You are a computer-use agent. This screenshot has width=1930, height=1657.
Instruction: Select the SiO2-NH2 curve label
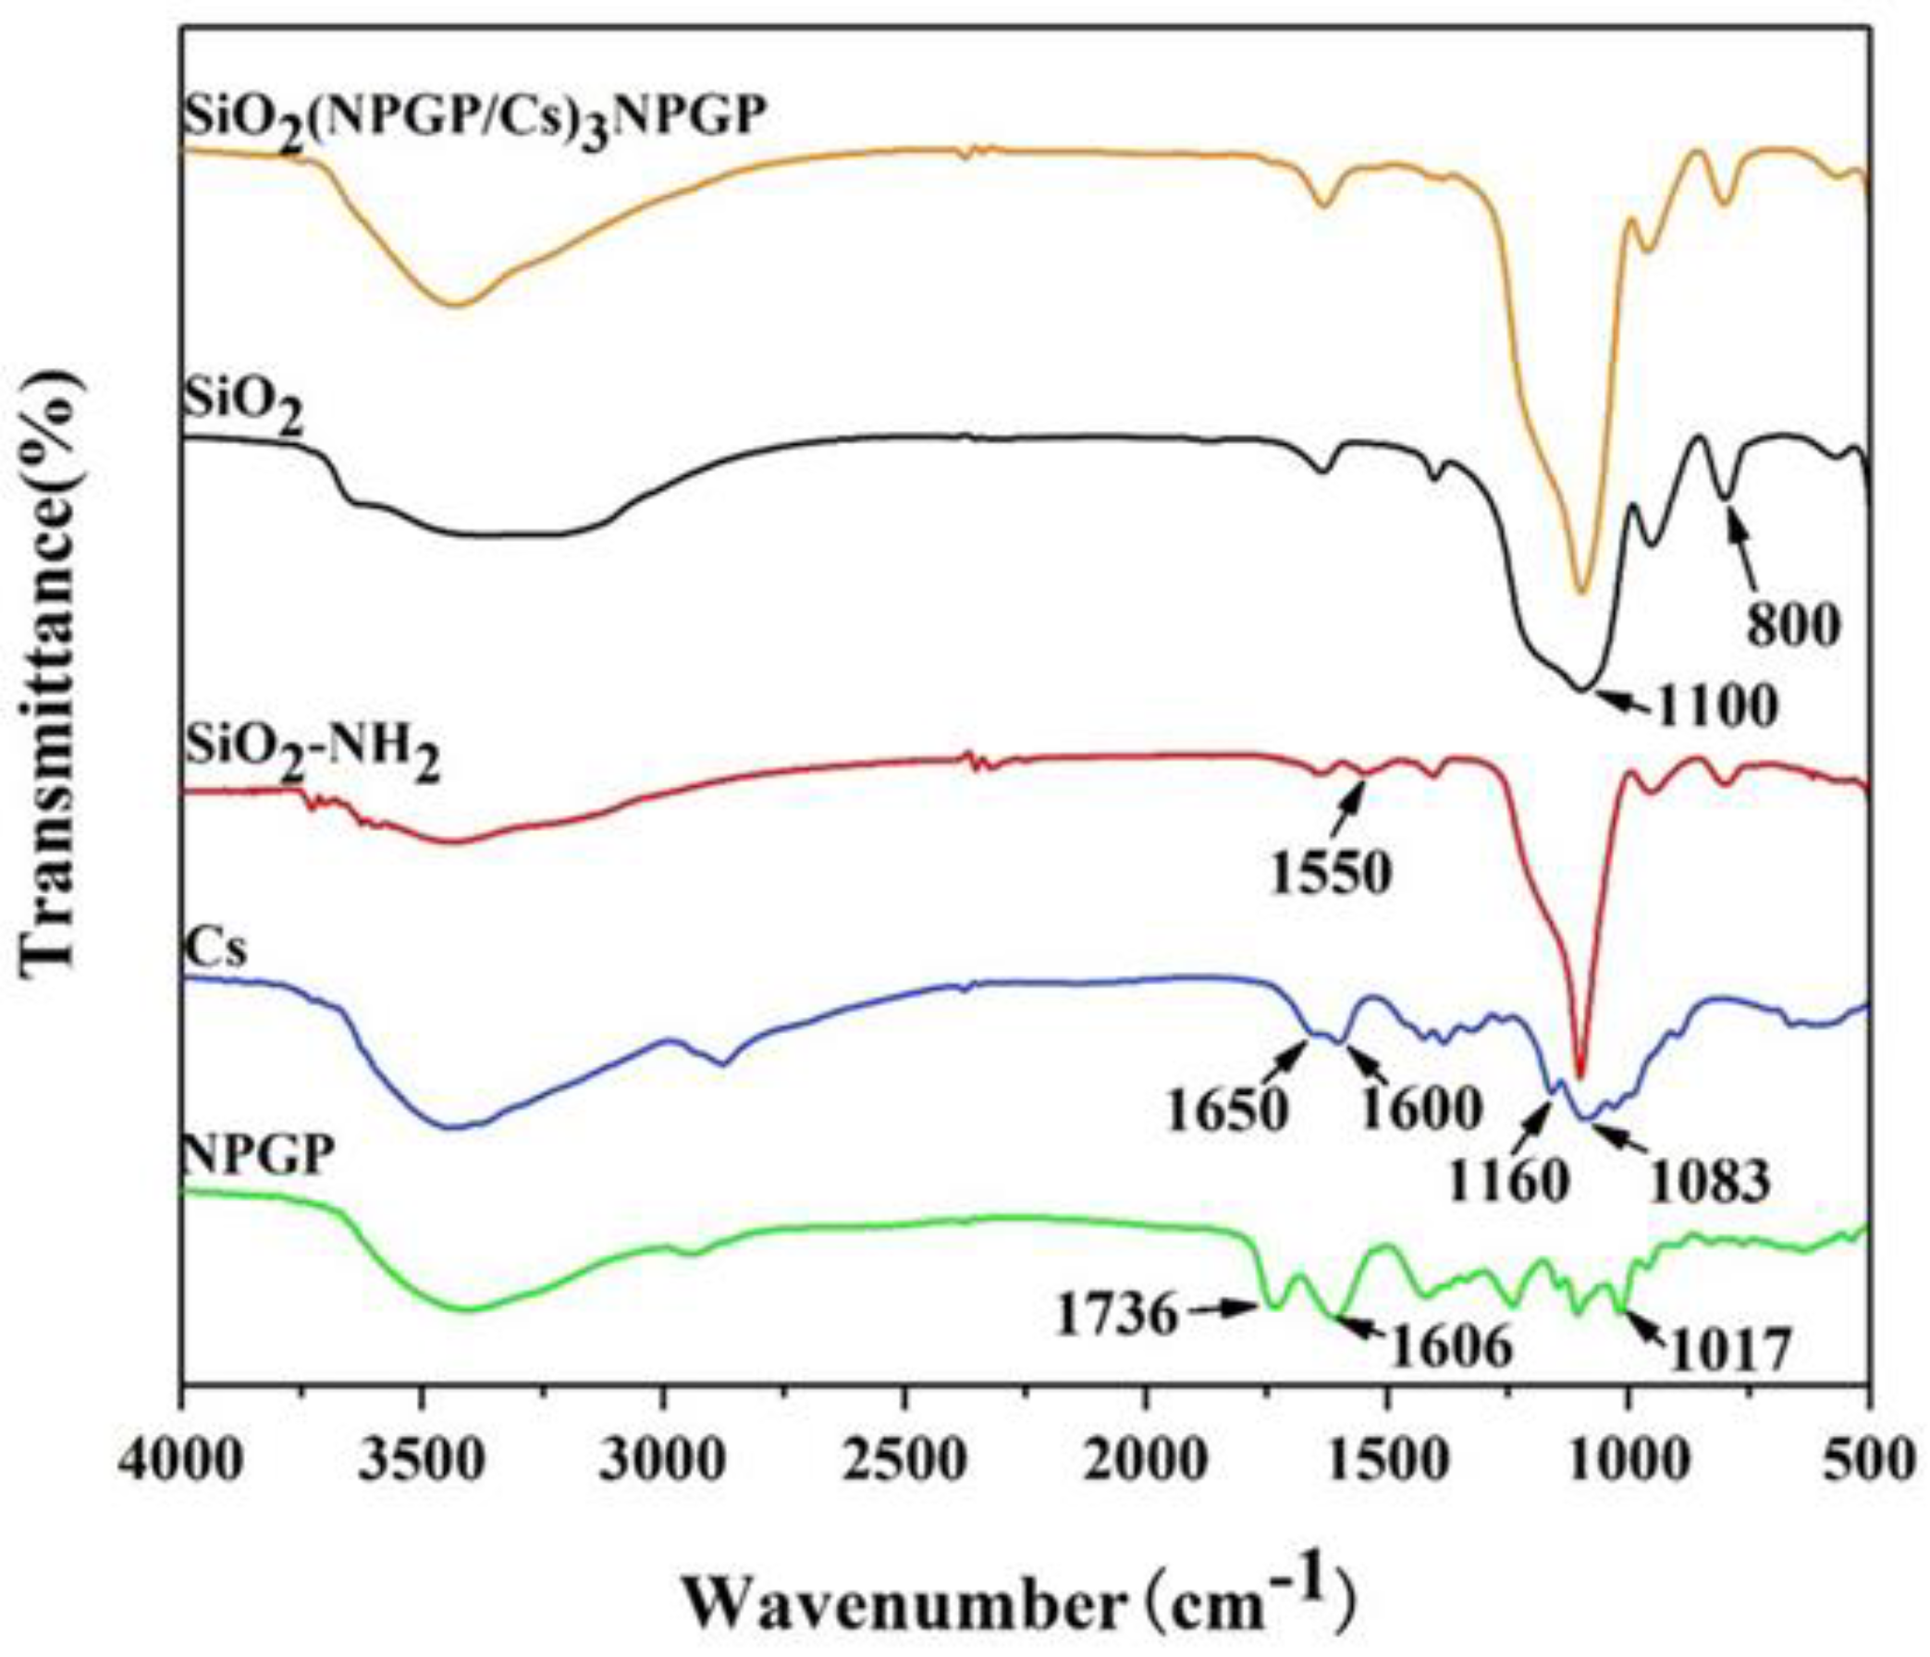point(312,753)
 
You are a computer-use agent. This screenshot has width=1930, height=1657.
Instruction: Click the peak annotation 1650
point(1226,1110)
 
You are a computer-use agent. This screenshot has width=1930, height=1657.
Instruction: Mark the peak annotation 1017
point(1728,1350)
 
